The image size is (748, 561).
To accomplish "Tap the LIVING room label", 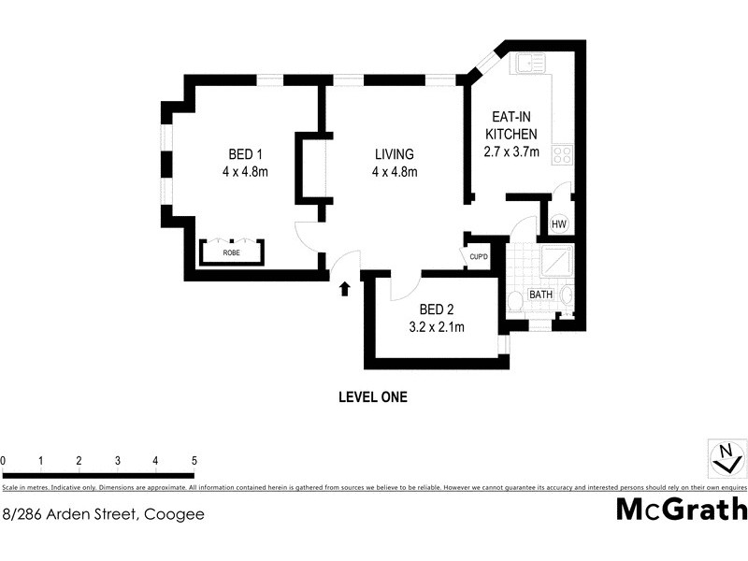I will [x=394, y=154].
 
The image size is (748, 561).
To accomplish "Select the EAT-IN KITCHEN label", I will [x=511, y=126].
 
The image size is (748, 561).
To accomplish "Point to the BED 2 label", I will [x=437, y=309].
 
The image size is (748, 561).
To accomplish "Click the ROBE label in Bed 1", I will [x=230, y=252].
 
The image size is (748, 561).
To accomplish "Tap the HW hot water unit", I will [x=559, y=224].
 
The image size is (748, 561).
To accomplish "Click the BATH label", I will [x=541, y=295].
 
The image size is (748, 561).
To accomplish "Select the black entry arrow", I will [x=344, y=288].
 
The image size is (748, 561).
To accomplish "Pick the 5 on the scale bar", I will [x=194, y=461].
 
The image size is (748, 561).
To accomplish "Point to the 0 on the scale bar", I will [x=4, y=461].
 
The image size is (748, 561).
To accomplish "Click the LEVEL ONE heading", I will [x=372, y=396].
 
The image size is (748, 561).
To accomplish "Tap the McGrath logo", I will [x=682, y=509].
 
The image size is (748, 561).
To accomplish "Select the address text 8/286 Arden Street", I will [x=104, y=513].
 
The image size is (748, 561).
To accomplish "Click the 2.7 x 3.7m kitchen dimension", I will [x=511, y=152].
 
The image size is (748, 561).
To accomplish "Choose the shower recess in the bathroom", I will [x=559, y=260].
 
